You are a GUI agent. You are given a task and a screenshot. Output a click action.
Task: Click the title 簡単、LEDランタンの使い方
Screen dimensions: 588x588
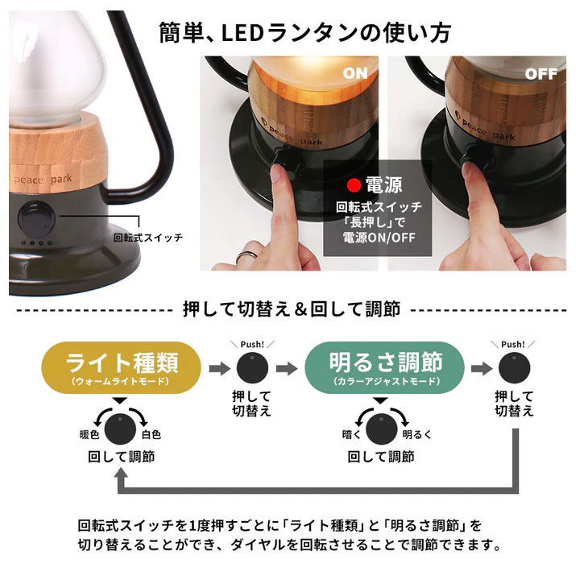point(304,32)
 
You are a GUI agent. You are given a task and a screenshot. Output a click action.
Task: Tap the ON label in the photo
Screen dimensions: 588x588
point(354,73)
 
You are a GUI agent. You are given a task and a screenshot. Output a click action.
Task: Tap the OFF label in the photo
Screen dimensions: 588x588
point(540,73)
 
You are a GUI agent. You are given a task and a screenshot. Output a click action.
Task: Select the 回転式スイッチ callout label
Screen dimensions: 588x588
point(147,238)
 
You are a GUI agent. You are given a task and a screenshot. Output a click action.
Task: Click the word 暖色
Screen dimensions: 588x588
point(89,434)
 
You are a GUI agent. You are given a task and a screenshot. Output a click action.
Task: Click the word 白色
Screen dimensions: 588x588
point(151,434)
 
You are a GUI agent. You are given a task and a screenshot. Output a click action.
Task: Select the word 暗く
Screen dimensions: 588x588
point(351,434)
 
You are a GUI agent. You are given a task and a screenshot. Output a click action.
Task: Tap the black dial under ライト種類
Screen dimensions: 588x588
point(120,427)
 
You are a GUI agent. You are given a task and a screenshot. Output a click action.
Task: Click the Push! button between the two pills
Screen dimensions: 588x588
point(252,367)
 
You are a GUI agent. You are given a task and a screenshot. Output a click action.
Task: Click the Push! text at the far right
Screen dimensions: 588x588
point(514,345)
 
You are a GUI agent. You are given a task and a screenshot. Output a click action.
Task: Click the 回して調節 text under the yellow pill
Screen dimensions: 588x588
point(121,457)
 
